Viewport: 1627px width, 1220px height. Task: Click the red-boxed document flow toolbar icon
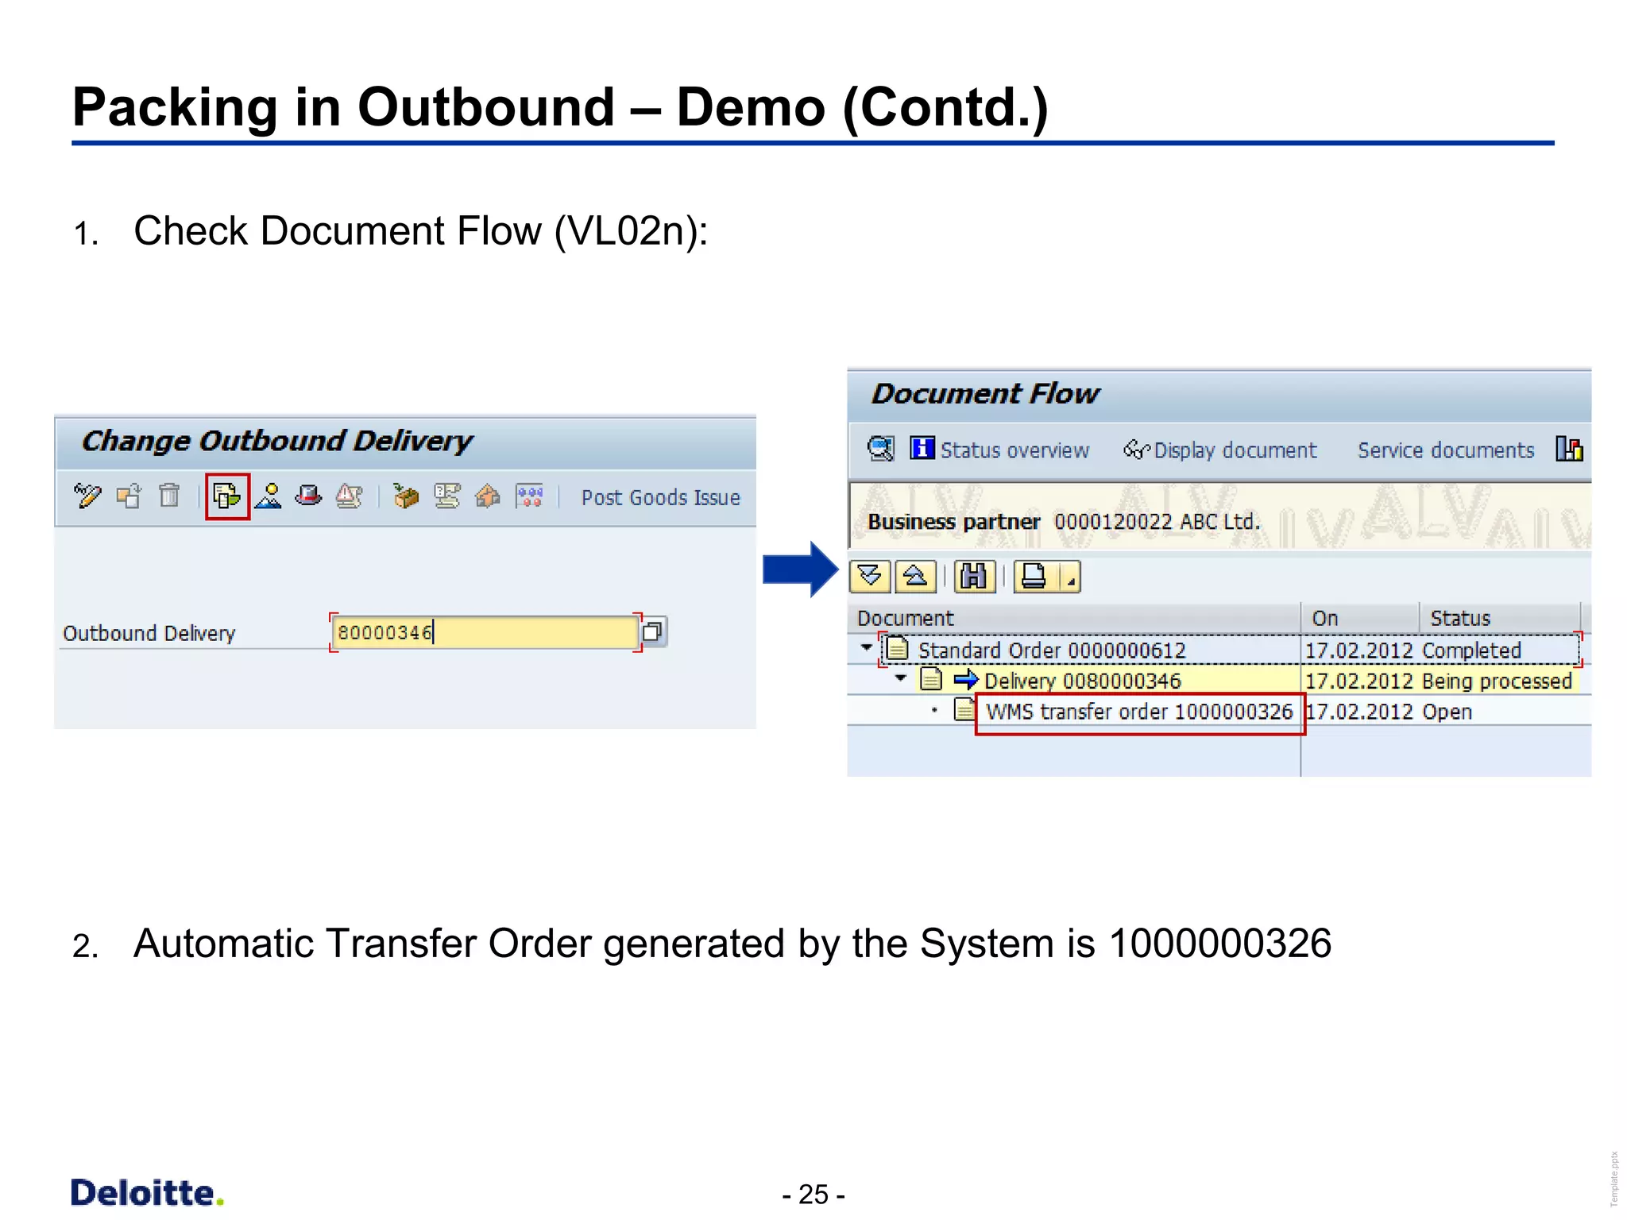227,497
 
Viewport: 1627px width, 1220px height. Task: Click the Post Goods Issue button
660,498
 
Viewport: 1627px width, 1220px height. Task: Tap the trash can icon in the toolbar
169,496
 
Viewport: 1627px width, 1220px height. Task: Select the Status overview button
1000,450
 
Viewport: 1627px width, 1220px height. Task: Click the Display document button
1221,450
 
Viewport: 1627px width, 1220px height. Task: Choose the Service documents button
1445,450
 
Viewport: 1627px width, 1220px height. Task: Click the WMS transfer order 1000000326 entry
1138,712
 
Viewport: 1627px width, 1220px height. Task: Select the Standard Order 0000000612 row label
1051,651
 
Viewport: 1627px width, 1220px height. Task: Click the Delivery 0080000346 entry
1082,681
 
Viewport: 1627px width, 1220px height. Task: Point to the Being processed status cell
1497,681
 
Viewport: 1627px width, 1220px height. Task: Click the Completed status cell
1471,651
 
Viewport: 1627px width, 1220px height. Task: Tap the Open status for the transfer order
1447,712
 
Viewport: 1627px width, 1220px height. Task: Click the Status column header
1459,618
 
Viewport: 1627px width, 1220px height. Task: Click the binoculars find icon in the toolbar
974,577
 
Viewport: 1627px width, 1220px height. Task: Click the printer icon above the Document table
1034,577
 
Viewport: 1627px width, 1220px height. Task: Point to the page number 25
813,1195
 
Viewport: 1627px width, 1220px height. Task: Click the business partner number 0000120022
1112,522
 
